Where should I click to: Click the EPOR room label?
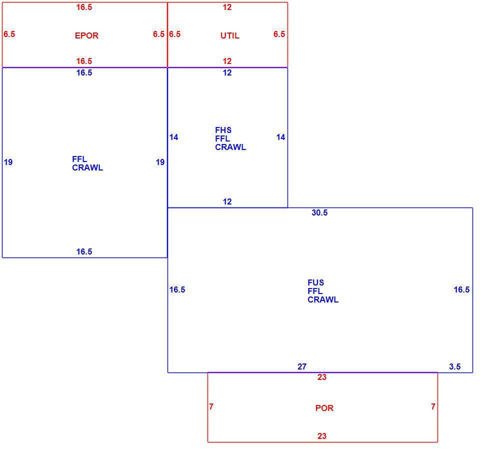pos(86,35)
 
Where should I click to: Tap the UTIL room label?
pos(230,35)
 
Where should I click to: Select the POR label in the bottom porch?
pos(324,408)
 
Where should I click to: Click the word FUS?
pos(315,282)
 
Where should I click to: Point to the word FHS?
pos(223,130)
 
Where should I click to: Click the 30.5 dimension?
pos(319,212)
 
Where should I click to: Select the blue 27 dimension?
pos(302,366)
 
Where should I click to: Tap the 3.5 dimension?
pos(454,366)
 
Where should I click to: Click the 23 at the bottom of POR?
pos(321,436)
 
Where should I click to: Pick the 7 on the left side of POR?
pos(211,406)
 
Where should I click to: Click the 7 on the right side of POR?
pos(433,406)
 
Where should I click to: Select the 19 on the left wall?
pos(8,162)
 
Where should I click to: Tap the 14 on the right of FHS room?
pos(280,137)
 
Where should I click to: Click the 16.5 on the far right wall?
pos(461,289)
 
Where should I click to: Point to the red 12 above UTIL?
pos(227,7)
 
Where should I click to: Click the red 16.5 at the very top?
pos(84,7)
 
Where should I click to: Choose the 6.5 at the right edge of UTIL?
pos(279,34)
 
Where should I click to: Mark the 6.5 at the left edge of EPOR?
pos(9,34)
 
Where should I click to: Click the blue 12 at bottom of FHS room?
pos(227,201)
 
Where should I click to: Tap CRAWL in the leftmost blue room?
pos(87,167)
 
